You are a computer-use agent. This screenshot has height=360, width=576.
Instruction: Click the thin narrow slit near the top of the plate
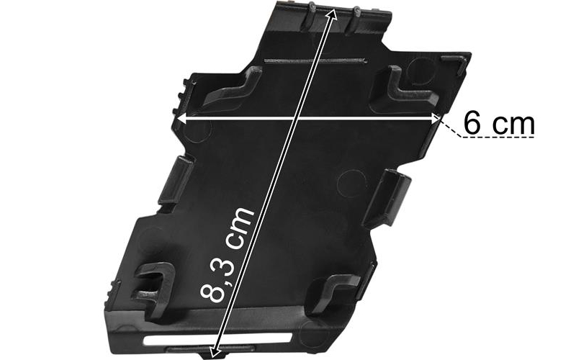coord(315,60)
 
